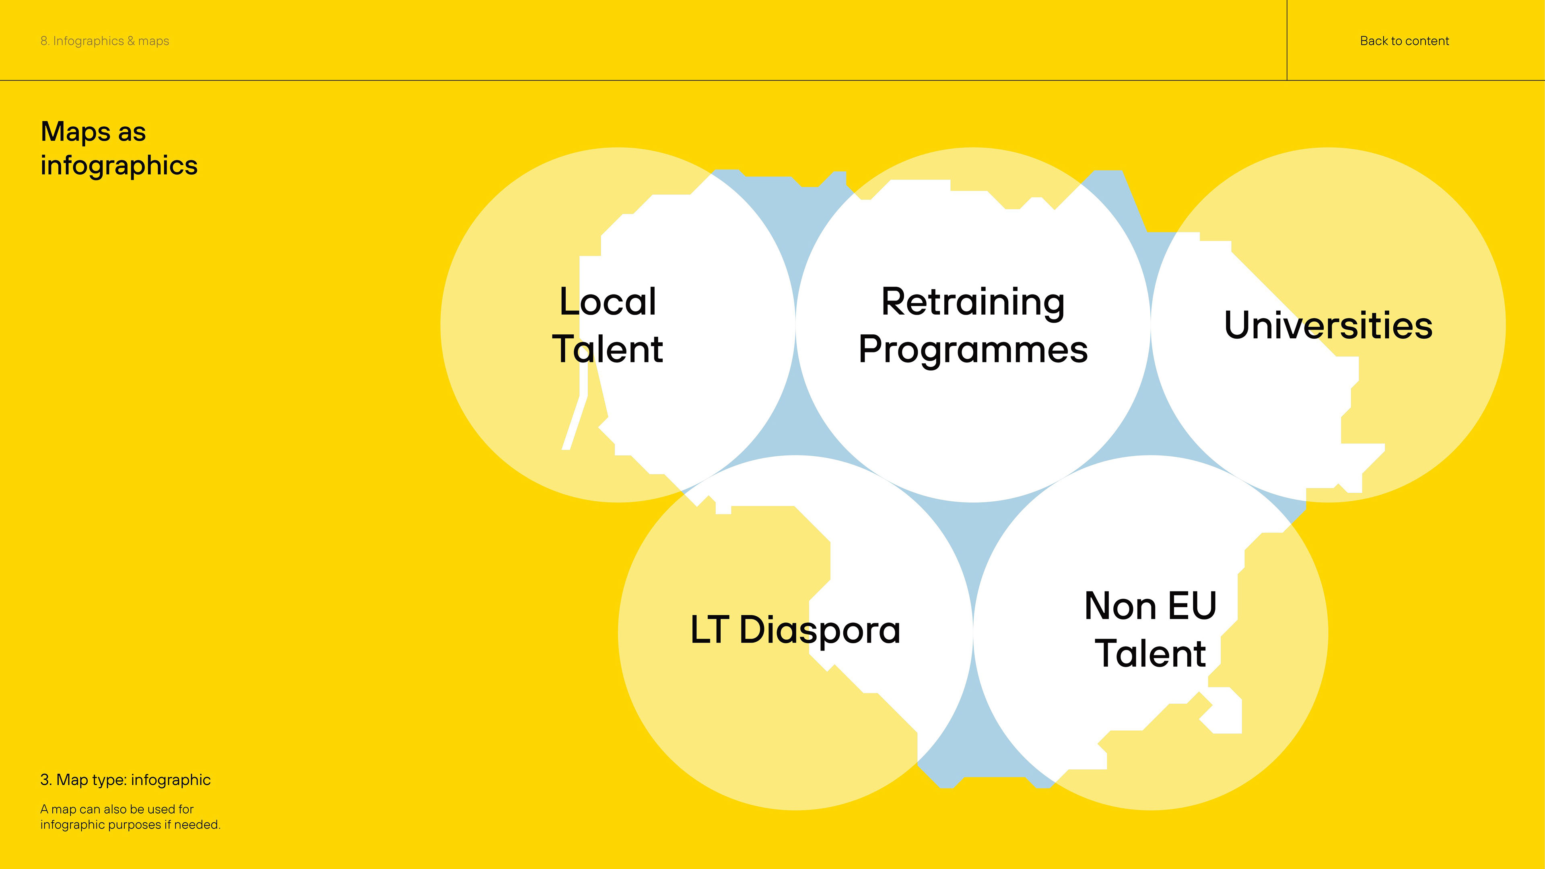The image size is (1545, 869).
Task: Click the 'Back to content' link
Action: tap(1404, 41)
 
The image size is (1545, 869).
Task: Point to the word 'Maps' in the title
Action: tap(76, 132)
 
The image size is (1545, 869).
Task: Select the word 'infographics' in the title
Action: tap(119, 165)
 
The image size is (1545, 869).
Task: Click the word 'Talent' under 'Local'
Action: tap(608, 349)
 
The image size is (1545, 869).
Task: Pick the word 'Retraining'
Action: tap(973, 302)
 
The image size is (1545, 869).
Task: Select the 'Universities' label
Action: tap(1328, 325)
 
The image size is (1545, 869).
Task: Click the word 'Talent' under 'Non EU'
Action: tap(1150, 653)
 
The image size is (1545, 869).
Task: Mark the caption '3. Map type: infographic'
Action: tap(126, 780)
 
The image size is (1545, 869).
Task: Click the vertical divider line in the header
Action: tap(1287, 40)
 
